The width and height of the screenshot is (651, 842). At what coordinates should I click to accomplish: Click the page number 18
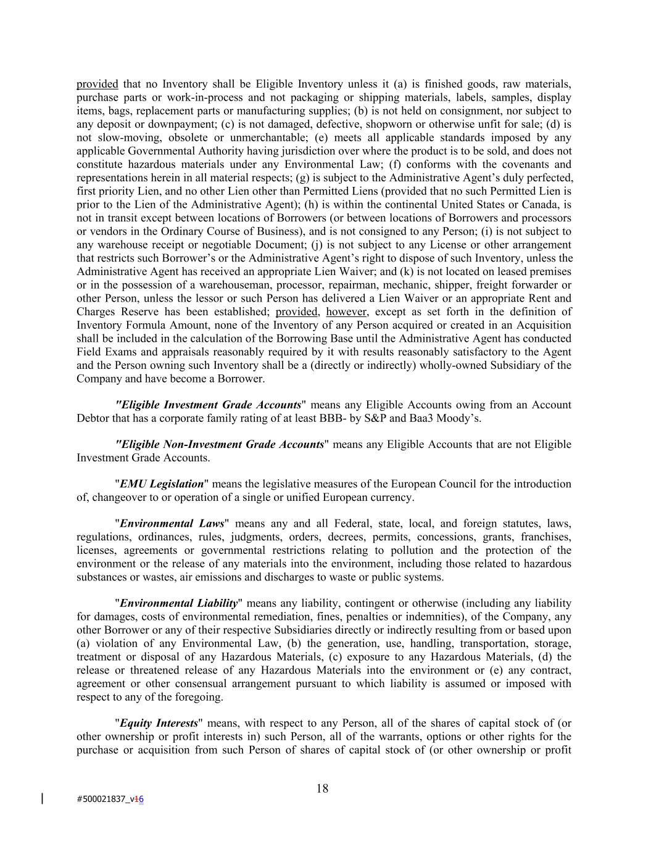pos(322,788)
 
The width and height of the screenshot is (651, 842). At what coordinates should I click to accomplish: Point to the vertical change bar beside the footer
pos(42,799)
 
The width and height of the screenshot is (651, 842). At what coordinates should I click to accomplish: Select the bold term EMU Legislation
pos(162,484)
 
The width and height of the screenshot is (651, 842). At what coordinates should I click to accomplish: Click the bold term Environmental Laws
pos(172,524)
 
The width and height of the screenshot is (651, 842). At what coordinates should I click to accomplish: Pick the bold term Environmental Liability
pos(179,603)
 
